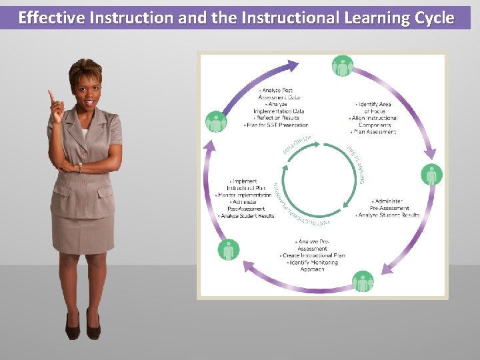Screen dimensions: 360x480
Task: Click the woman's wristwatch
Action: click(80, 167)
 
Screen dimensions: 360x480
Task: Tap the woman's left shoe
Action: click(93, 327)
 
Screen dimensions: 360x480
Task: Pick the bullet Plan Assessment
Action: click(373, 132)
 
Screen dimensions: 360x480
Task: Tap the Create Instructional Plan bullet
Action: click(313, 255)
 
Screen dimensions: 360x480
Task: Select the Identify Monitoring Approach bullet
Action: click(313, 265)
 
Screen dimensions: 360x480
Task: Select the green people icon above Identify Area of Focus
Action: click(343, 66)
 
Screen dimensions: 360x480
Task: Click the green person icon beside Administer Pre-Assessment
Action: click(432, 175)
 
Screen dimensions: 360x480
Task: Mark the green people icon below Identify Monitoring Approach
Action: click(363, 281)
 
